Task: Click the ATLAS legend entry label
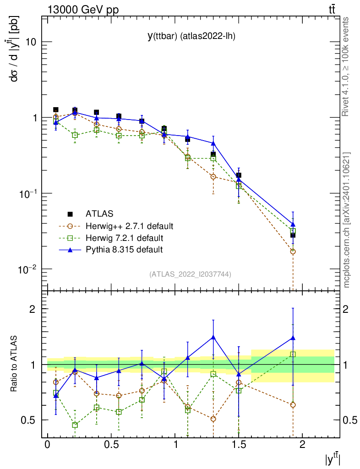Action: tap(99, 214)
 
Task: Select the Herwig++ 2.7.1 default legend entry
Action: tap(129, 226)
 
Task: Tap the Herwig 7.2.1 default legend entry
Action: tap(124, 238)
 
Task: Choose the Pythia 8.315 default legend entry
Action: tap(124, 250)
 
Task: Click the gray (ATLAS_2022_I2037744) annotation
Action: tap(190, 274)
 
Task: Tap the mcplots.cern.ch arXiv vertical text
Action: tap(347, 220)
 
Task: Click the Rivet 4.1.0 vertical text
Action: tap(347, 66)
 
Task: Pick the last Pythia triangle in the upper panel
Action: tap(293, 224)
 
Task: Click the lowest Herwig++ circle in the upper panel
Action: tap(293, 251)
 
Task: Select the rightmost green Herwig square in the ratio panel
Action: tap(293, 354)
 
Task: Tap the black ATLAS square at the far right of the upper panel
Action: tap(293, 235)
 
